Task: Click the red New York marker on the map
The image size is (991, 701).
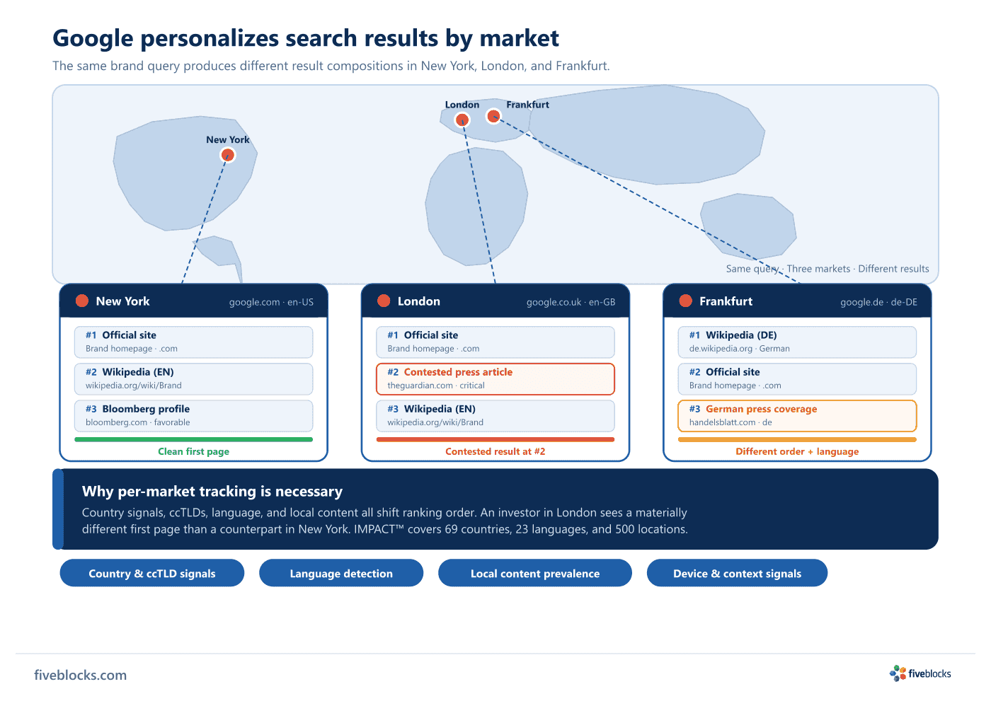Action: [x=227, y=155]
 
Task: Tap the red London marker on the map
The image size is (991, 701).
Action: [x=462, y=120]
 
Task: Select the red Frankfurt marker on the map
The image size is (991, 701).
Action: [x=493, y=116]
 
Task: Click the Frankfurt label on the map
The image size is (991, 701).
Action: [x=527, y=105]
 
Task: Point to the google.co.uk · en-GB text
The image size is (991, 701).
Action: [x=571, y=302]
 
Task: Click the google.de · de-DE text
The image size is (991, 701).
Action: [x=878, y=302]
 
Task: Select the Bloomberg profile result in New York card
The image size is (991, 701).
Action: [x=194, y=415]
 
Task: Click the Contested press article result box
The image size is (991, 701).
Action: [x=495, y=378]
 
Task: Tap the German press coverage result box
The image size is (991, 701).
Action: [x=797, y=415]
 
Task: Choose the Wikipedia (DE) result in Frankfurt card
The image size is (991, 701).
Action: [x=797, y=342]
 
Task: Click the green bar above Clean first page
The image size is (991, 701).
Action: [x=194, y=439]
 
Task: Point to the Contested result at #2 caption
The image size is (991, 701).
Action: [x=495, y=451]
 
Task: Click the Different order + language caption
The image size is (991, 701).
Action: [x=797, y=451]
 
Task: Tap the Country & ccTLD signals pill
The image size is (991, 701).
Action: [x=151, y=573]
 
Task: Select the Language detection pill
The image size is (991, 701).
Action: [x=341, y=573]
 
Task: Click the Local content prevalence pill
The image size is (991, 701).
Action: [x=535, y=573]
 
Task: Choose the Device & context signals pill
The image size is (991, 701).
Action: [x=737, y=573]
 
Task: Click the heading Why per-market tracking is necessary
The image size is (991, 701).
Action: [x=212, y=492]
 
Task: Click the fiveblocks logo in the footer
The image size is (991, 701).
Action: [x=920, y=673]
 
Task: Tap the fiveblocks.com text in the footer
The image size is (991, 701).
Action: [x=81, y=675]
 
